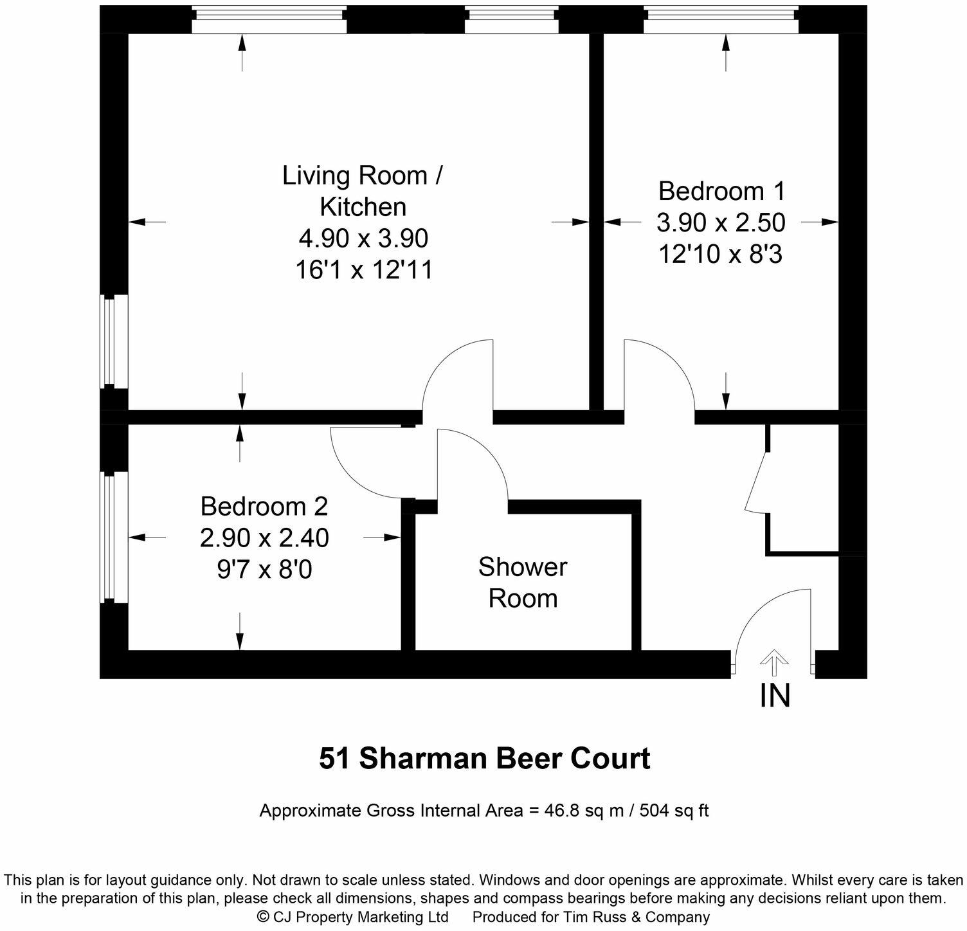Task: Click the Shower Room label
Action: pos(522,583)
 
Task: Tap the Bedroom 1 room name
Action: pos(721,191)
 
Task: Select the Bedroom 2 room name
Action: pos(264,506)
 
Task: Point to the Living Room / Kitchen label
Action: pos(363,191)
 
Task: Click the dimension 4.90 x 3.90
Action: pos(363,239)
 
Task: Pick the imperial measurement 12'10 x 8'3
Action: pos(720,255)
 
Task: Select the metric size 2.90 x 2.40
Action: pos(264,538)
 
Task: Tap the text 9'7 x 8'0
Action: pos(264,570)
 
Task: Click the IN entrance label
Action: pos(775,696)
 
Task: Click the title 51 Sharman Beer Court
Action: pos(485,759)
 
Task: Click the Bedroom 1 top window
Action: pos(721,19)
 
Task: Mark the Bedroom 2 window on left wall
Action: pos(114,538)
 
